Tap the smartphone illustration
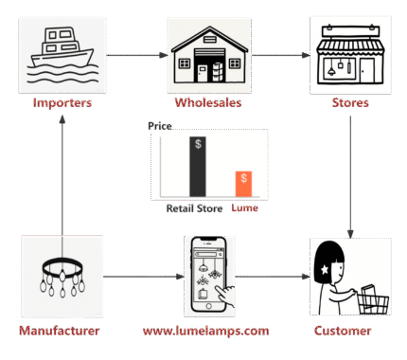(x=208, y=276)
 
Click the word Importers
(x=62, y=102)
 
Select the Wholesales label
(x=208, y=102)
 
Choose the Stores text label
(x=351, y=102)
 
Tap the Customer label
(x=343, y=331)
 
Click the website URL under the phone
(x=205, y=331)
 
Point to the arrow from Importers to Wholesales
(x=135, y=55)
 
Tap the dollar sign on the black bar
(x=197, y=144)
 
